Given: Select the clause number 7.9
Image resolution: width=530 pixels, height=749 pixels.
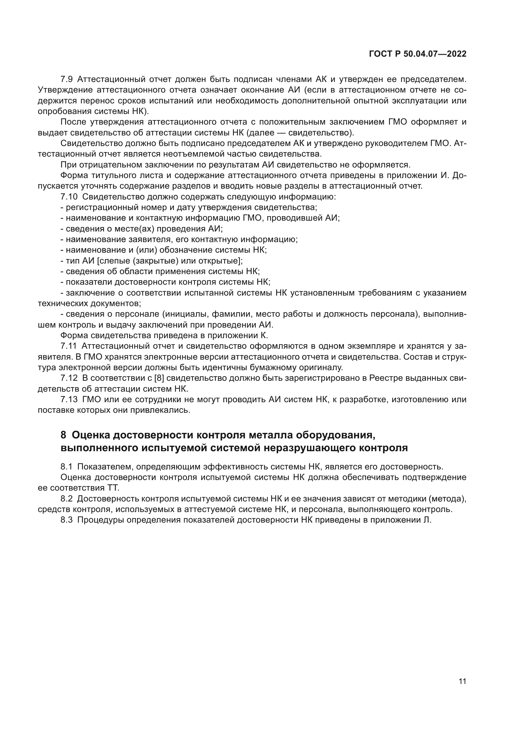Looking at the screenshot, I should [x=67, y=79].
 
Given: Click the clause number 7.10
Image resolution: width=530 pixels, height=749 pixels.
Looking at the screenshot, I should [x=69, y=197].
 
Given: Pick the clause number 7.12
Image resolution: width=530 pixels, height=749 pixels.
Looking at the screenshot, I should [x=69, y=378].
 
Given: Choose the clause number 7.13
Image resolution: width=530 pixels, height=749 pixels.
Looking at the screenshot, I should [x=69, y=400].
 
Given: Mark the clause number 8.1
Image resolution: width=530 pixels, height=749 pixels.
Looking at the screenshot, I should [x=67, y=467].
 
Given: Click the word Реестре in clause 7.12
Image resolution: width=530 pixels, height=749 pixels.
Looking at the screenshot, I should [x=383, y=378].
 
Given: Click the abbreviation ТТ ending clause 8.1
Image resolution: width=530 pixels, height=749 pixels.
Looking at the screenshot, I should [x=112, y=488].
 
